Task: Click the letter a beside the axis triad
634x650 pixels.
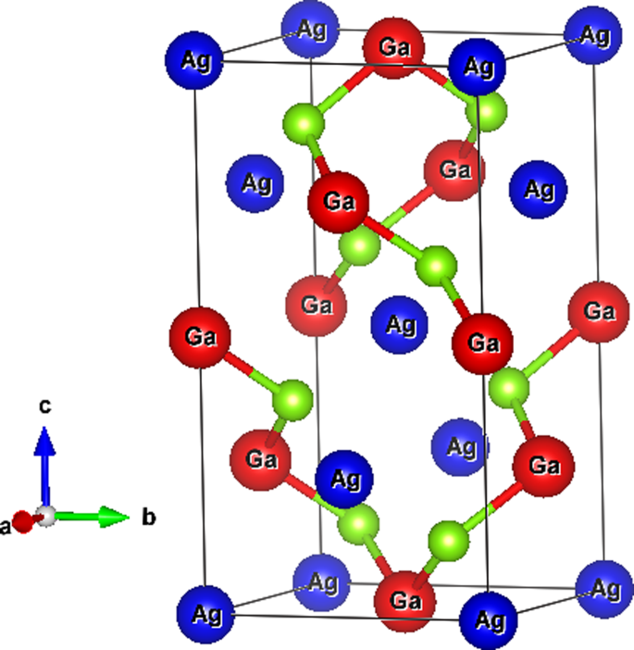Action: pos(6,526)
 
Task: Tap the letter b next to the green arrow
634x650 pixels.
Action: pos(148,518)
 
